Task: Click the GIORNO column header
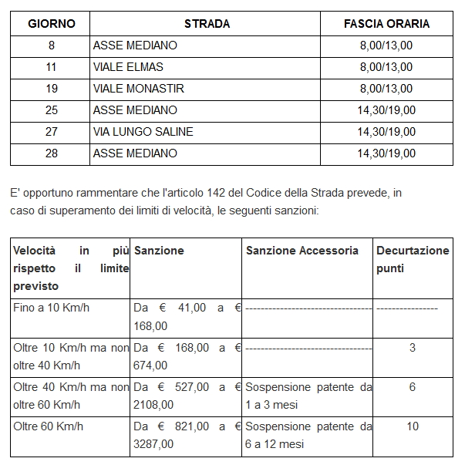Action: point(52,24)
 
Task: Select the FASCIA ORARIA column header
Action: point(386,24)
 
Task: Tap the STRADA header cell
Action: point(207,24)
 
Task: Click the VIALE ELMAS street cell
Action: point(128,67)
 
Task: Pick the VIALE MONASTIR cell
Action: point(139,89)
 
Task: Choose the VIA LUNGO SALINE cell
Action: point(143,132)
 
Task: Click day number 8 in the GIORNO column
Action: point(52,45)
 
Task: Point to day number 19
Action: point(52,89)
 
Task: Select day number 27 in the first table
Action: point(52,132)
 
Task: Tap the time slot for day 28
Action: point(386,153)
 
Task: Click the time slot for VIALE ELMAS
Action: point(386,67)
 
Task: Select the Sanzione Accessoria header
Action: point(302,251)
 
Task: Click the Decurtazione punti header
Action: point(412,259)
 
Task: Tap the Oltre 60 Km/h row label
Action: point(49,426)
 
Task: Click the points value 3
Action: point(413,348)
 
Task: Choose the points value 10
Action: point(413,426)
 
